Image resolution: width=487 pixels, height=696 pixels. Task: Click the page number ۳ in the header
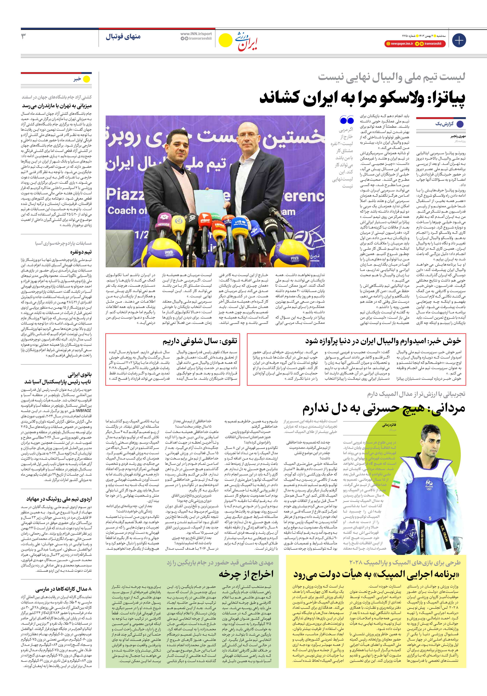tap(23, 36)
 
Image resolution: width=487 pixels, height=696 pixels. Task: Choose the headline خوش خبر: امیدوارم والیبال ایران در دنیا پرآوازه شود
tap(383, 341)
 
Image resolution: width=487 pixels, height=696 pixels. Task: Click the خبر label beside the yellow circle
tap(77, 79)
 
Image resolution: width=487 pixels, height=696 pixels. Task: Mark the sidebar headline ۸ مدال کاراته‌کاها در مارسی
tap(63, 589)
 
